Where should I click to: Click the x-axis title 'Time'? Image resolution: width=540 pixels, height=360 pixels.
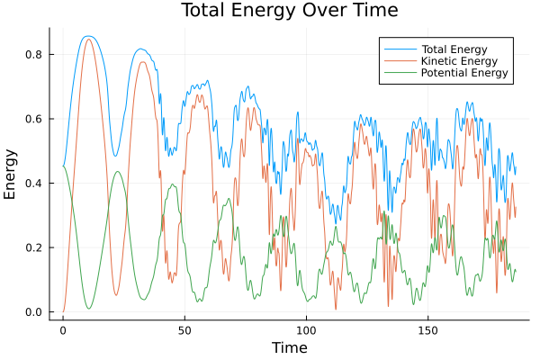tap(290, 347)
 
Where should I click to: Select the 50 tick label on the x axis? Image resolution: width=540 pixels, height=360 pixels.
tap(184, 329)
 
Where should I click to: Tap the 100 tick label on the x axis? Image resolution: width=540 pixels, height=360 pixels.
tap(306, 329)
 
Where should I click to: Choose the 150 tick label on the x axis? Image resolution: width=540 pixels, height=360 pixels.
tap(427, 329)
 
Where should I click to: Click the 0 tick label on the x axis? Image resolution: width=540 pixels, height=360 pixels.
tap(63, 329)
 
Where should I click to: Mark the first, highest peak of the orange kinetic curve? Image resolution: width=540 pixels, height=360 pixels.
tap(88, 39)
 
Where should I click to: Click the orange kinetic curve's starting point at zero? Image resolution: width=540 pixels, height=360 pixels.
tap(63, 311)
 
